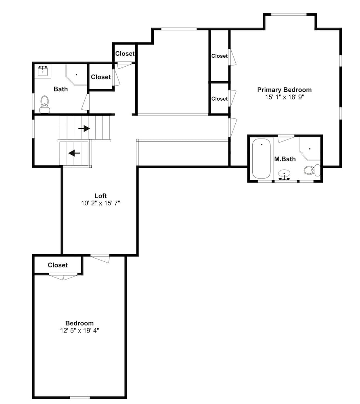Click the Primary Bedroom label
pos(285,90)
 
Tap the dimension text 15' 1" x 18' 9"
pos(285,97)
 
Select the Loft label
pos(100,196)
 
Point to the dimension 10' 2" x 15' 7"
pos(100,203)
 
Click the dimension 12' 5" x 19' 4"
pos(80,330)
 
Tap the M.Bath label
pos(285,159)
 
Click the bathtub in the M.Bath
pos(261,158)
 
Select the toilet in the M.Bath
pos(312,170)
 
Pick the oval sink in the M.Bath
pos(285,174)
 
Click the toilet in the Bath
pos(45,104)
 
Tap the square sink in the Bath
pos(43,71)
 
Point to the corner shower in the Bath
pos(76,75)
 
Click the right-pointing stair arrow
pos(84,128)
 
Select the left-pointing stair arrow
pos(74,153)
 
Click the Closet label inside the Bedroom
pos(58,265)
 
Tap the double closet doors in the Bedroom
pos(63,276)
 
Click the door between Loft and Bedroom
pos(100,258)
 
